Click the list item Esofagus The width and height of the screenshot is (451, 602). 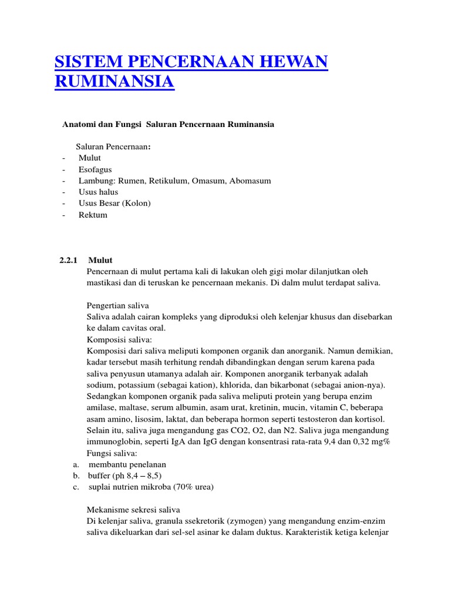point(95,169)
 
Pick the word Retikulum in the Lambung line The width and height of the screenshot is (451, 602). point(170,180)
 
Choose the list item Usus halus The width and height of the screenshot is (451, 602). point(98,192)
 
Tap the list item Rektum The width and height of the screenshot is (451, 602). point(93,215)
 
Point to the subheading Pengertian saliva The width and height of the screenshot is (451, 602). point(117,306)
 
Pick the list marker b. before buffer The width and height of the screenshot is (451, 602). point(76,475)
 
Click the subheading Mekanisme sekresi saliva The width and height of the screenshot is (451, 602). point(133,509)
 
